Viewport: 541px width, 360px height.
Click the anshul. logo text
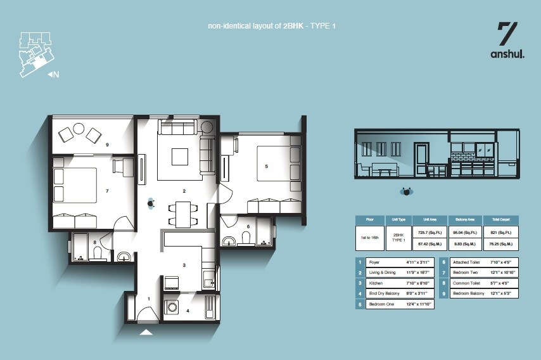click(507, 55)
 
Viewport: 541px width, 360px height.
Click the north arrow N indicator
click(54, 75)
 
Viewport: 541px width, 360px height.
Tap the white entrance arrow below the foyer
click(146, 331)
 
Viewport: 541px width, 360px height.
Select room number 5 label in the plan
click(266, 167)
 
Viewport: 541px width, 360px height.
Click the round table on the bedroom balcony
click(79, 129)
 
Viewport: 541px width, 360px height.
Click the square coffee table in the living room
click(179, 156)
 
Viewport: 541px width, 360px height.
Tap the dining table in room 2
click(183, 214)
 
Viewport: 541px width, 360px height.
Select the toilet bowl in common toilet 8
click(97, 253)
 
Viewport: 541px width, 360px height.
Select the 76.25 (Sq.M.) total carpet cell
click(500, 243)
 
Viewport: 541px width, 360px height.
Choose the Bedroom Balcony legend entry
click(469, 293)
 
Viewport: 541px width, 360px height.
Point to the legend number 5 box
click(360, 304)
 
